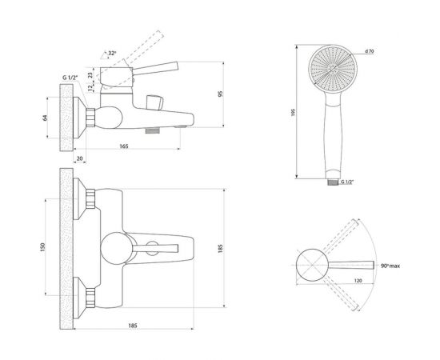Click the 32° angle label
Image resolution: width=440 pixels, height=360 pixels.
coord(112,53)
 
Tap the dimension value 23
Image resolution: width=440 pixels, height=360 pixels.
coord(90,75)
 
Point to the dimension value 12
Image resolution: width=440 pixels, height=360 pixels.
coord(90,88)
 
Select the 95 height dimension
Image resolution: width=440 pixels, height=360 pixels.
coord(220,94)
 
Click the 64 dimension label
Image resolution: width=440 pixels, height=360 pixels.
coord(45,118)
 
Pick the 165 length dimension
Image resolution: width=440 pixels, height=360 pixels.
coord(124,146)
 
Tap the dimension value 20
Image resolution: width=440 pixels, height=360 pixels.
coord(80,158)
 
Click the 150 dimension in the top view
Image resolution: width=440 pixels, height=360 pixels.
coord(42,247)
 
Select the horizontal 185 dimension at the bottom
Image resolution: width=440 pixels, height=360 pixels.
coord(133,326)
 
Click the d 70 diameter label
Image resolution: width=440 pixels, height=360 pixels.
coord(370,51)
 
